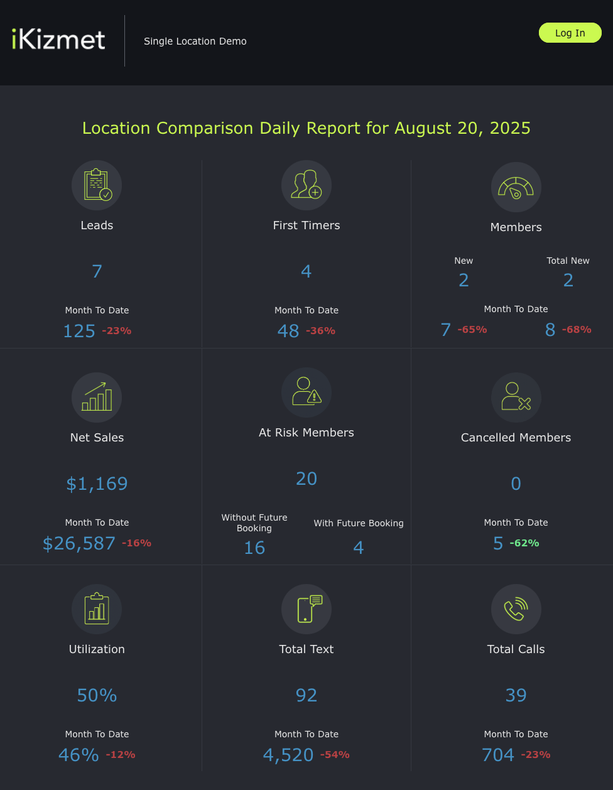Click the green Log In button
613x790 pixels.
570,33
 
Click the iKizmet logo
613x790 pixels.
58,39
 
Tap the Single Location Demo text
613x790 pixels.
195,41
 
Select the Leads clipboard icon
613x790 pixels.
97,185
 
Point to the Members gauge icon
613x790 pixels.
516,187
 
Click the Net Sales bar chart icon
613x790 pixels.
97,398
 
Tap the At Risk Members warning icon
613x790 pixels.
306,392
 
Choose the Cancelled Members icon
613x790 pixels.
516,398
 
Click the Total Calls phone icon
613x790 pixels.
516,609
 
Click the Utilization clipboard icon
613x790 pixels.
97,609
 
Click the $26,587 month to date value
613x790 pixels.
79,543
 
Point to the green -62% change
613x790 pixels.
524,543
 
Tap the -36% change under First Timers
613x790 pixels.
320,330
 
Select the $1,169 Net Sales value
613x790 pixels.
97,484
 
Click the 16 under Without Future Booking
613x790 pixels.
254,548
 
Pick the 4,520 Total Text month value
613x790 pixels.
288,755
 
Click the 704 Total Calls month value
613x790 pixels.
497,755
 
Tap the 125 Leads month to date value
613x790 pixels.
79,331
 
